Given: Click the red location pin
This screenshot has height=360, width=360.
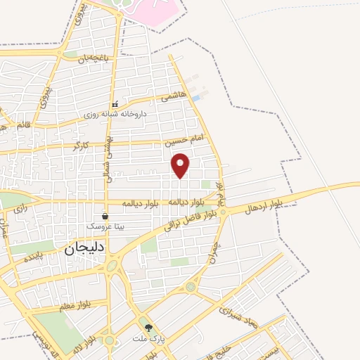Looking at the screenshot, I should (181, 165).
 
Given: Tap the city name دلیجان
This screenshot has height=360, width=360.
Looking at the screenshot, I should (84, 247).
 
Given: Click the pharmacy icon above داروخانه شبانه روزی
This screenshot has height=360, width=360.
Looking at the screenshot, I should (115, 104).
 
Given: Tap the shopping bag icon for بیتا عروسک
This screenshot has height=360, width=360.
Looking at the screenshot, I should (105, 217).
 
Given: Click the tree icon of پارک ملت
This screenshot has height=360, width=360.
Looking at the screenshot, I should (148, 327).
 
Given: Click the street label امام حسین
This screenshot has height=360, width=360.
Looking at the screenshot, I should (184, 141).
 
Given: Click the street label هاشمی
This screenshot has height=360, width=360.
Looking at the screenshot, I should (174, 97).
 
